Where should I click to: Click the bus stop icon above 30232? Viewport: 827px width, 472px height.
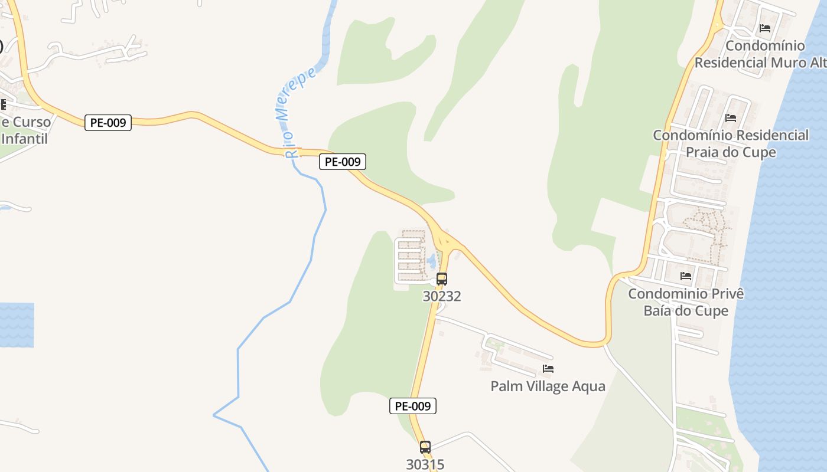tap(442, 279)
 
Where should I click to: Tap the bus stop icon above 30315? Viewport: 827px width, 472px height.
tap(425, 447)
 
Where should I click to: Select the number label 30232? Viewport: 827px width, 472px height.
tap(442, 296)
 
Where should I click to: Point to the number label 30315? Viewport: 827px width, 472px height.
tap(425, 464)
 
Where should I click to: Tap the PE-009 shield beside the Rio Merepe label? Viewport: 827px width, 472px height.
tap(343, 162)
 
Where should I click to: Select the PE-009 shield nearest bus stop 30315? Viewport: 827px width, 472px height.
tap(413, 406)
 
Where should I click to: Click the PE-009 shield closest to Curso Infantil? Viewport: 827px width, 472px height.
tap(108, 123)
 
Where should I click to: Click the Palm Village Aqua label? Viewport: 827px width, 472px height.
tap(548, 386)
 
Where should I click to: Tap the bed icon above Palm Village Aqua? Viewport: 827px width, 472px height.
tap(548, 369)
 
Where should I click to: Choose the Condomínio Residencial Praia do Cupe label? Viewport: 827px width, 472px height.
tap(731, 143)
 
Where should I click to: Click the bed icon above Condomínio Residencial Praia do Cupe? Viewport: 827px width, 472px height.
tap(731, 118)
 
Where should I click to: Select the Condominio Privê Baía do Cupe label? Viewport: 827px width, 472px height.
tap(686, 302)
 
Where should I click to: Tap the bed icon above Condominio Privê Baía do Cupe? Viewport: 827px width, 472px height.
tap(686, 276)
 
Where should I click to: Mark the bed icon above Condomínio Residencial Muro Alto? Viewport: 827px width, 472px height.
tap(765, 28)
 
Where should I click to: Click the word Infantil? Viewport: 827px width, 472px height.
tap(24, 139)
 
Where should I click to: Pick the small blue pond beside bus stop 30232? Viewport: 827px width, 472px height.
tap(432, 260)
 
